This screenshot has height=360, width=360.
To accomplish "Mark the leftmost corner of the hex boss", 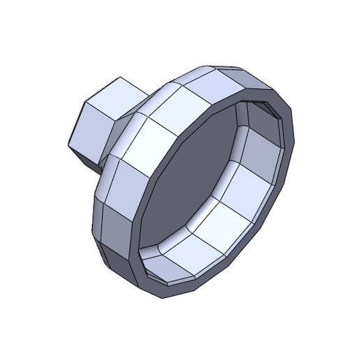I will pos(68,148).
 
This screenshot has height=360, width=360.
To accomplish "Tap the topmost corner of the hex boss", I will pos(120,77).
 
